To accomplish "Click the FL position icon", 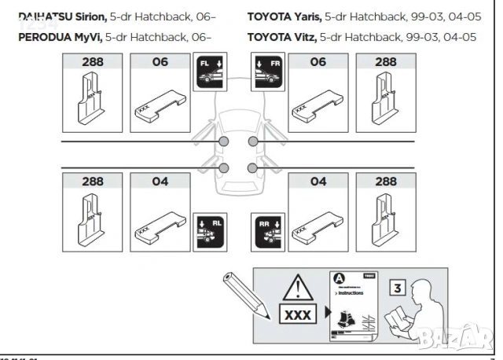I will click(x=208, y=72).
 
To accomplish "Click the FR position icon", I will click(x=267, y=72).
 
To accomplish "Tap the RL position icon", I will click(x=208, y=228).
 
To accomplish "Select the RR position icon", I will click(x=268, y=228).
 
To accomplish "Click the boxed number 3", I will click(x=398, y=287).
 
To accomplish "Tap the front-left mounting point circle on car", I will click(x=224, y=141).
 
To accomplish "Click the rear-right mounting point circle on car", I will click(x=253, y=167).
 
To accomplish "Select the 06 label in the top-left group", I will click(x=160, y=62).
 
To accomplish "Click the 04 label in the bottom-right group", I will click(x=318, y=182).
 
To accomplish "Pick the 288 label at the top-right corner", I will click(x=385, y=62).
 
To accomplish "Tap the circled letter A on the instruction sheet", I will click(x=338, y=279).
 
